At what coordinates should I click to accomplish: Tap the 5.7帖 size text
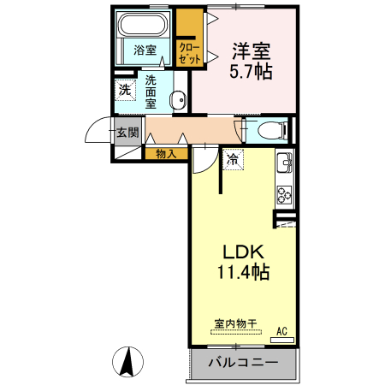pyautogui.click(x=250, y=72)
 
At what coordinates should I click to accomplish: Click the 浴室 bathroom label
pyautogui.click(x=145, y=50)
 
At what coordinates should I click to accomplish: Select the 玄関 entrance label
pyautogui.click(x=127, y=132)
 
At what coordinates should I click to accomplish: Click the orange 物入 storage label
pyautogui.click(x=166, y=154)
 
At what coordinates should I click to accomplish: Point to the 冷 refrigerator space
pyautogui.click(x=234, y=158)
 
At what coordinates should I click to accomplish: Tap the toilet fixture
pyautogui.click(x=269, y=129)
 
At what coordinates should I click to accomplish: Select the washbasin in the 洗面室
pyautogui.click(x=178, y=101)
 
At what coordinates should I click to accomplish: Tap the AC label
pyautogui.click(x=281, y=331)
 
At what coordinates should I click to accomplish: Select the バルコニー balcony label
pyautogui.click(x=242, y=363)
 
